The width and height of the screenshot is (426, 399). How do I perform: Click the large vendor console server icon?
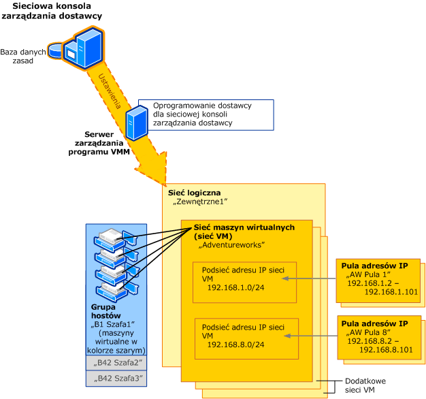pyautogui.click(x=84, y=48)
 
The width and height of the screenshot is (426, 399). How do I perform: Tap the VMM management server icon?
pyautogui.click(x=137, y=123)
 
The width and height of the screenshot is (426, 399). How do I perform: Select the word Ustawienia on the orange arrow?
pyautogui.click(x=110, y=91)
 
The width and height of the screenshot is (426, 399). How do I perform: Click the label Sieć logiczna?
pyautogui.click(x=194, y=193)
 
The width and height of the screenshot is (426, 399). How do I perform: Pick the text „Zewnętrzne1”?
pyautogui.click(x=200, y=202)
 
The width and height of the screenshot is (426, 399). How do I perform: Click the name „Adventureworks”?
pyautogui.click(x=231, y=245)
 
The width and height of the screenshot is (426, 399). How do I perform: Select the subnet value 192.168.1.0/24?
pyautogui.click(x=236, y=287)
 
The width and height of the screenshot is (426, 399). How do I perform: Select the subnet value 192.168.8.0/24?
pyautogui.click(x=236, y=345)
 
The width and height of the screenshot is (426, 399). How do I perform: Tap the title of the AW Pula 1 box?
pyautogui.click(x=375, y=266)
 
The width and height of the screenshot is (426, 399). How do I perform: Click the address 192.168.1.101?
pyautogui.click(x=391, y=292)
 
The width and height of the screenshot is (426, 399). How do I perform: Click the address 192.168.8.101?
pyautogui.click(x=386, y=349)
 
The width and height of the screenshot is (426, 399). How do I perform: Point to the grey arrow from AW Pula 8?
pyautogui.click(x=311, y=336)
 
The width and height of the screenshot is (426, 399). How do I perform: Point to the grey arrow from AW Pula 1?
pyautogui.click(x=309, y=278)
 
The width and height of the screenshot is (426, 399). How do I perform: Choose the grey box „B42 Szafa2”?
pyautogui.click(x=116, y=363)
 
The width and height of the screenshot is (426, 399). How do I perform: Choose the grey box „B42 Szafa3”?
pyautogui.click(x=116, y=379)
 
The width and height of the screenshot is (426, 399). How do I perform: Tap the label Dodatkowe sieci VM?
pyautogui.click(x=365, y=385)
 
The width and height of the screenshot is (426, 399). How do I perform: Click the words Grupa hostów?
pyautogui.click(x=106, y=311)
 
